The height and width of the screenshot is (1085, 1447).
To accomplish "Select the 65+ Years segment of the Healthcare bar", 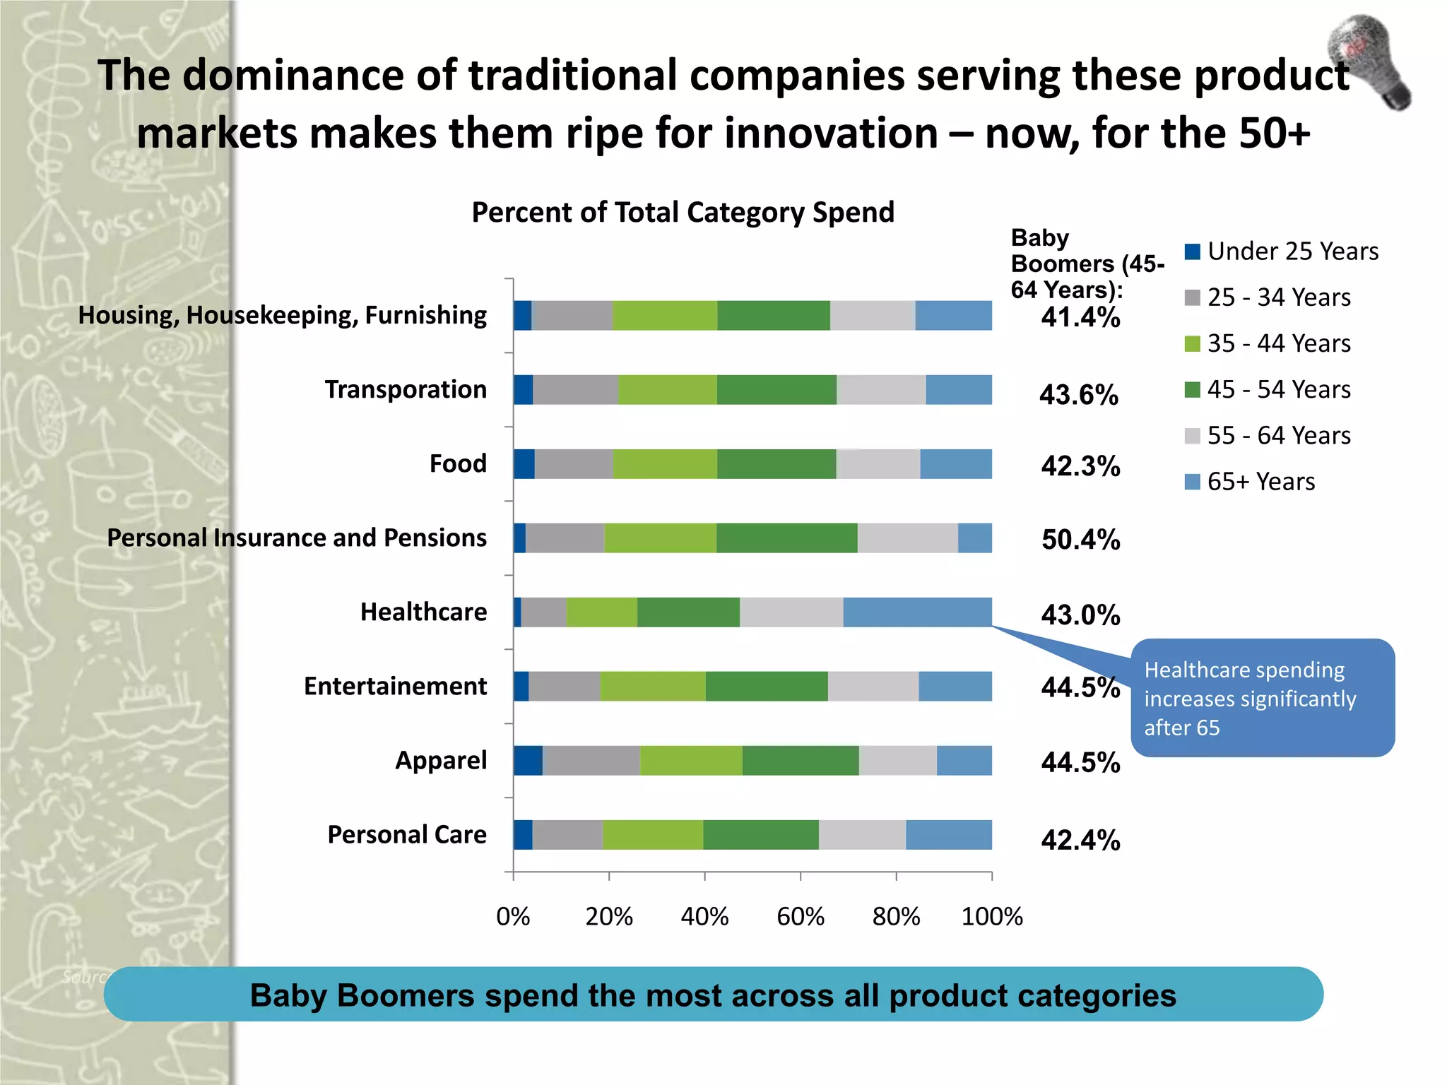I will (x=917, y=612).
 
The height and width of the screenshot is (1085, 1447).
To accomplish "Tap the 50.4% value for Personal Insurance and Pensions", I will (x=1080, y=540).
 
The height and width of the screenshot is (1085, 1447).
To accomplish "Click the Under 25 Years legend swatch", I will (x=1193, y=251).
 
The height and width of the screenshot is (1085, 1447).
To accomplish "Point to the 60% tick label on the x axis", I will (x=800, y=917).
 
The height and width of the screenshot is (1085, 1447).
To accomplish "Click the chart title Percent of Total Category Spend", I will (x=683, y=213).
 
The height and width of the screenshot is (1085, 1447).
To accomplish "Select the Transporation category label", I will (x=406, y=389).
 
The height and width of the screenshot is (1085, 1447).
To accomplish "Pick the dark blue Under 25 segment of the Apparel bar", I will (x=527, y=760).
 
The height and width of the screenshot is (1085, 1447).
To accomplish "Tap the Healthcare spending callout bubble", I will (x=1262, y=698).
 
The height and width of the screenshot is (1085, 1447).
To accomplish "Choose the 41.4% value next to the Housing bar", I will (x=1080, y=318).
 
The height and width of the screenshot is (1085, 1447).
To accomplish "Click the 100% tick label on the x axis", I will (x=991, y=917).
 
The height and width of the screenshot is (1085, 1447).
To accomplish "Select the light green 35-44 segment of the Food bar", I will (x=665, y=463).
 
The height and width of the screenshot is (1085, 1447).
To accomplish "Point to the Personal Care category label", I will (x=407, y=834).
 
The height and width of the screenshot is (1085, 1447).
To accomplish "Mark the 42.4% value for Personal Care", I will (x=1080, y=840).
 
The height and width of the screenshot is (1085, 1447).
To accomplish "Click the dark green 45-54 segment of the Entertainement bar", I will (x=766, y=686).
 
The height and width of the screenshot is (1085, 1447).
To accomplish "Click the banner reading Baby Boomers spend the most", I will (x=713, y=995).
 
